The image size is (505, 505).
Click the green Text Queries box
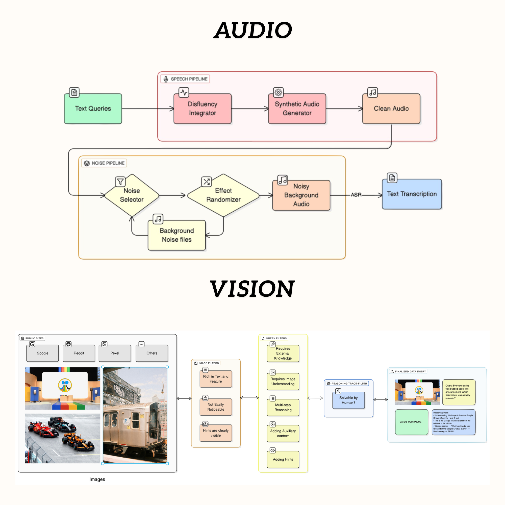pos(93,109)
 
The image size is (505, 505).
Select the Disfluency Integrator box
pos(202,109)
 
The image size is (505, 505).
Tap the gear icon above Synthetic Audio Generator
pos(278,92)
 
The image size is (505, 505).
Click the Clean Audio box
pos(391,109)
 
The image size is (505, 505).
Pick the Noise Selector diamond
pos(132,195)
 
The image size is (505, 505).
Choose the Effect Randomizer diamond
pos(223,195)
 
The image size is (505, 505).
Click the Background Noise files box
pos(177,235)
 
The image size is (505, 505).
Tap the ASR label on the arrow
pos(356,195)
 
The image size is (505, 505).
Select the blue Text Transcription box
pos(412,194)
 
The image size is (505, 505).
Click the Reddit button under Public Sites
pos(79,353)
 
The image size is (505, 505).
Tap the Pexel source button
pos(115,353)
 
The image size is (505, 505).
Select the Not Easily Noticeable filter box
pos(216,407)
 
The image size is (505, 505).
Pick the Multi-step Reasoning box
pos(283,408)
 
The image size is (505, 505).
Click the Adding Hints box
pos(283,459)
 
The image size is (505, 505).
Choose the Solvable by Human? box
pos(348,400)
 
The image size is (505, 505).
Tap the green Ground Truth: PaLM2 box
pos(411,422)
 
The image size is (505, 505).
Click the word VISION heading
pos(252,289)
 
